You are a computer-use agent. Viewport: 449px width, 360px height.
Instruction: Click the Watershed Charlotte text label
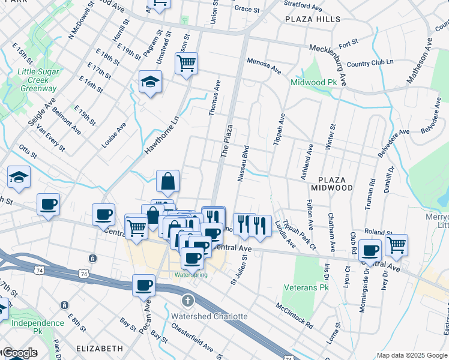click(x=209, y=316)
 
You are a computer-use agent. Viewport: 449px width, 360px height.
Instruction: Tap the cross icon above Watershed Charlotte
click(x=187, y=300)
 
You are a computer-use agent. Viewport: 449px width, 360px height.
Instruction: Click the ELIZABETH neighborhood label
click(x=100, y=348)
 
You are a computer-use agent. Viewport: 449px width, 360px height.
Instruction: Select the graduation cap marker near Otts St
click(x=19, y=177)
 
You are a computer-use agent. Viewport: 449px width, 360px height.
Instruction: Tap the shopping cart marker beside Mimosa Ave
click(x=187, y=62)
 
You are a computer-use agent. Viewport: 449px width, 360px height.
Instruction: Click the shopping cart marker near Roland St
click(x=396, y=244)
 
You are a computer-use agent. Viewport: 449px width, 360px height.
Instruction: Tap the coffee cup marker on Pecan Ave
click(x=144, y=285)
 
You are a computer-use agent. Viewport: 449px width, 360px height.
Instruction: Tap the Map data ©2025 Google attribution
click(x=412, y=355)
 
